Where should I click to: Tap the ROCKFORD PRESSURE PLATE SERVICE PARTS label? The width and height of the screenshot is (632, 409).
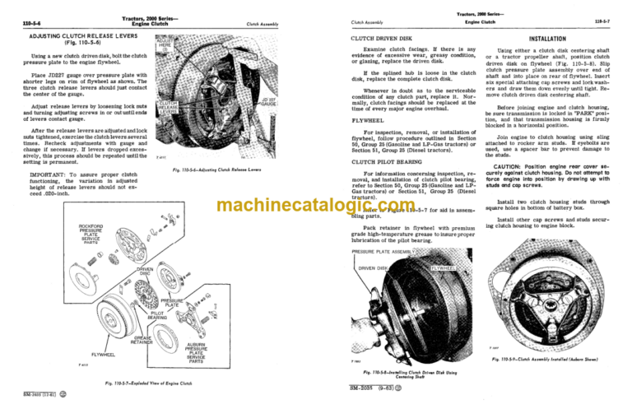[x=74, y=234]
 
